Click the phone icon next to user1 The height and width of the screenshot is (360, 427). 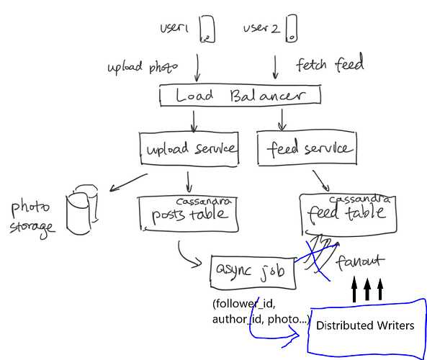207,29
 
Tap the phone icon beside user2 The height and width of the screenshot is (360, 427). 292,29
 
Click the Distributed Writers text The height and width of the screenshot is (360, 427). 365,325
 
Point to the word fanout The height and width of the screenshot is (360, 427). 360,262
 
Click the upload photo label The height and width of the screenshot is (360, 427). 143,68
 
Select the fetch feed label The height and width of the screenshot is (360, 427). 330,63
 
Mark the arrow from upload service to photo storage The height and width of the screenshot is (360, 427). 128,182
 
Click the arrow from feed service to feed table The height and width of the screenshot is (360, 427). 321,181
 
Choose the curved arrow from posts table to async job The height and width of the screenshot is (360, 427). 186,257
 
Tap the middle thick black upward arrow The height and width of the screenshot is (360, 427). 367,289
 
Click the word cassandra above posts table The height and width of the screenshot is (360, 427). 204,201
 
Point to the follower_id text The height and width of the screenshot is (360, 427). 243,304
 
